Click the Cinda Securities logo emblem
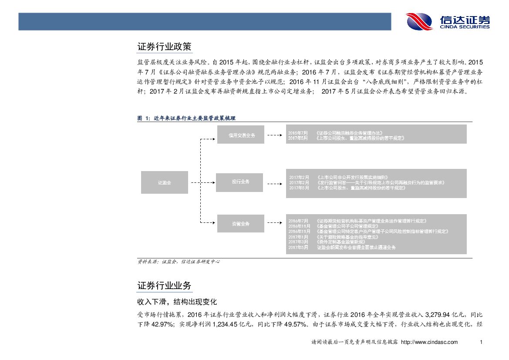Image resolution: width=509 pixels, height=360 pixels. click(x=419, y=21)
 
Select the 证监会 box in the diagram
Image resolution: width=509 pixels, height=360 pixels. click(x=165, y=183)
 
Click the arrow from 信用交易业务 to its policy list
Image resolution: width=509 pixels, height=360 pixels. click(x=274, y=135)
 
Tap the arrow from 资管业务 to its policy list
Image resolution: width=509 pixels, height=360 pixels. click(x=274, y=224)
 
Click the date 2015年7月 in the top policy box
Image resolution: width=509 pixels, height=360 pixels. click(x=298, y=132)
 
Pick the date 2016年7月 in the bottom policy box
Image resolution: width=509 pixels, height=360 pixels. click(x=298, y=221)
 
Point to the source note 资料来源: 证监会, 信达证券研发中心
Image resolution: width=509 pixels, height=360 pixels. click(x=179, y=262)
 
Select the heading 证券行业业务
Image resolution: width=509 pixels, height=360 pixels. click(x=164, y=286)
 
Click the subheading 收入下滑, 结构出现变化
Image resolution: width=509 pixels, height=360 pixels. click(x=177, y=301)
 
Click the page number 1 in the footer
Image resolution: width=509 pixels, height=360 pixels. click(x=480, y=342)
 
